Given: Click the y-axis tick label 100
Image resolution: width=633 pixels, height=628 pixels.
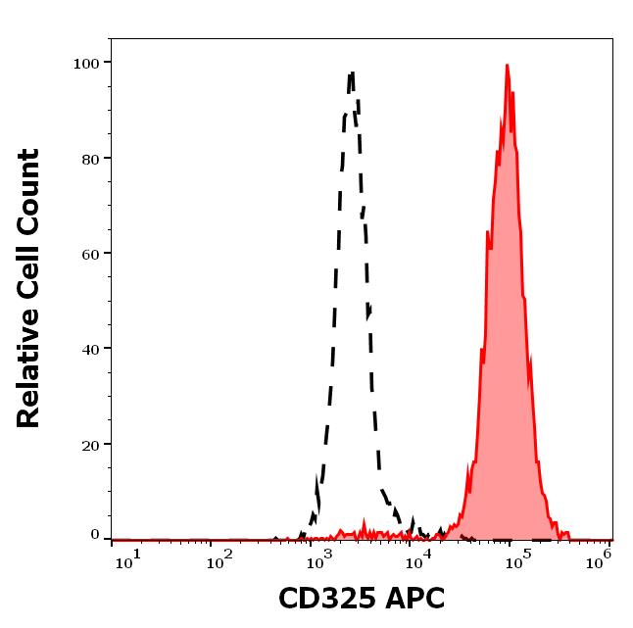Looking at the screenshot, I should click(x=86, y=63).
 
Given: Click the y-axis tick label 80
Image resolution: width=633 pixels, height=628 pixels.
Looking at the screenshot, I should click(x=90, y=158).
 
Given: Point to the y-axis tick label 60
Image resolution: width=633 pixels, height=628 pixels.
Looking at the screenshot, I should click(x=90, y=254).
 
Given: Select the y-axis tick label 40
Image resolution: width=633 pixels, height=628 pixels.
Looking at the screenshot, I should click(x=90, y=349).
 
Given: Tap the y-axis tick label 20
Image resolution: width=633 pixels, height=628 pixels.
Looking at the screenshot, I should click(x=90, y=444).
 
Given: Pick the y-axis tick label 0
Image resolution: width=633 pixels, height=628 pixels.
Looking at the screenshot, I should click(x=95, y=535).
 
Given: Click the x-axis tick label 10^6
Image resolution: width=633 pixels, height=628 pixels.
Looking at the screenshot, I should click(x=600, y=557).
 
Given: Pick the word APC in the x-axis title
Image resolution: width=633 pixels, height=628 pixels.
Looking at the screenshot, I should click(x=415, y=598).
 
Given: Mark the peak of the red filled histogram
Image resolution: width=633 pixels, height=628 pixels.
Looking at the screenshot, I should click(x=507, y=66).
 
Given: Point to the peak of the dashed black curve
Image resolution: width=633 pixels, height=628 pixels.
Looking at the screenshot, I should click(x=352, y=72).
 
